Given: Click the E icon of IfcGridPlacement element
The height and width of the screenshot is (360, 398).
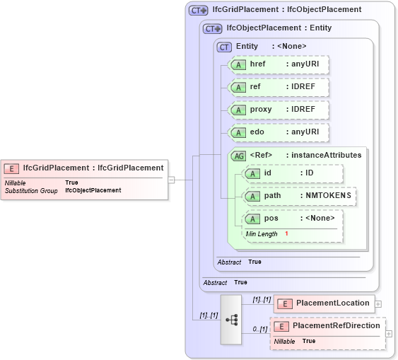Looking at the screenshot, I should click(11, 168).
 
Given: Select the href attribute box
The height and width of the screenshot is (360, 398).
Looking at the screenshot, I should click(279, 64).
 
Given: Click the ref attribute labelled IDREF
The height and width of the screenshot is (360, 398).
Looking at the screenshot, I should click(279, 87).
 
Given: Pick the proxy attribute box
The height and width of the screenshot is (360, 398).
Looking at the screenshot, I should click(279, 110).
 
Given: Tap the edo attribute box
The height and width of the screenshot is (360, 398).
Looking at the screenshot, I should click(279, 132).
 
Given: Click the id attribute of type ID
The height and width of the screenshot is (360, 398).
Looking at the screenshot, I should click(293, 173).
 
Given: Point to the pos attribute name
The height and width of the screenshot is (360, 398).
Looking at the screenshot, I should click(271, 219).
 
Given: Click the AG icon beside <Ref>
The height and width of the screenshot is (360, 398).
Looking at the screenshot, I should click(239, 156).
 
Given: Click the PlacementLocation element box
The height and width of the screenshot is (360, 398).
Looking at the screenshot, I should click(323, 303).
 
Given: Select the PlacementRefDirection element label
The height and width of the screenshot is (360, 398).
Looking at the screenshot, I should click(336, 326).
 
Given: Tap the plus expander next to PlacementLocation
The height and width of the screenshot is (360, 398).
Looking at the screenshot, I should click(378, 304).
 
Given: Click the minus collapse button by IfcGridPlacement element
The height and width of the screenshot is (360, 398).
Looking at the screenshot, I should click(172, 180).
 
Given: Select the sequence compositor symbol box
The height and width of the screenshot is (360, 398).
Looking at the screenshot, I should click(231, 319).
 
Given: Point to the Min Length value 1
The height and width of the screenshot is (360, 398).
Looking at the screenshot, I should click(287, 234).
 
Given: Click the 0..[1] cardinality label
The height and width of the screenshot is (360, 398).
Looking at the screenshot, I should click(259, 330).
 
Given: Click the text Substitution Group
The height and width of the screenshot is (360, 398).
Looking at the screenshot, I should click(31, 191).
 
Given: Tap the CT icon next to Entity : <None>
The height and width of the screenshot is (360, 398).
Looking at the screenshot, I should click(225, 47).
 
